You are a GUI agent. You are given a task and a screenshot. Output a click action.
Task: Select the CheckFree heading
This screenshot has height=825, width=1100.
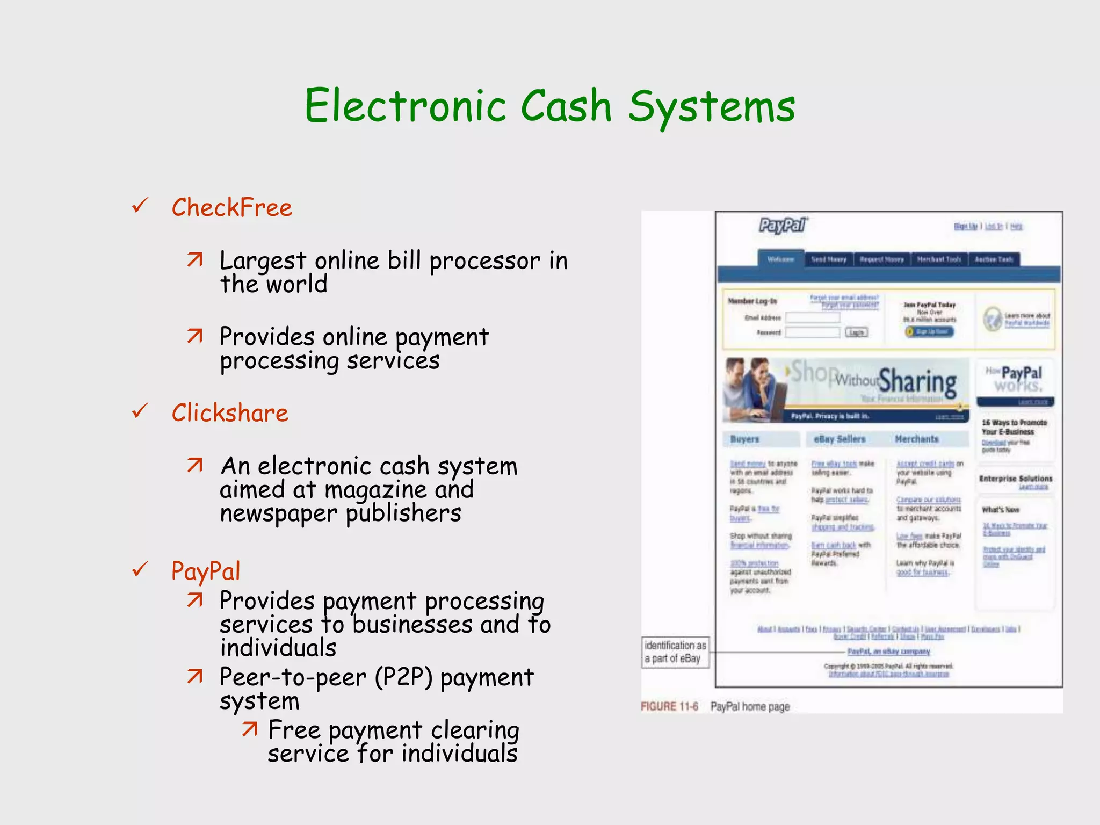tap(232, 208)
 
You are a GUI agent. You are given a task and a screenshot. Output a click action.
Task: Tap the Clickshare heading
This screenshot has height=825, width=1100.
tap(230, 413)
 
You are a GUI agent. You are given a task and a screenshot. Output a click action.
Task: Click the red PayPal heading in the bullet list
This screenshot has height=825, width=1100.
tap(206, 571)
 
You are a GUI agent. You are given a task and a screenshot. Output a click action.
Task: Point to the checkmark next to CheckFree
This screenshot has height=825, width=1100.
tap(140, 205)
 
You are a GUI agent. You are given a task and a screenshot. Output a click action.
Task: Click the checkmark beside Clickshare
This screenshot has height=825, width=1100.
tap(140, 411)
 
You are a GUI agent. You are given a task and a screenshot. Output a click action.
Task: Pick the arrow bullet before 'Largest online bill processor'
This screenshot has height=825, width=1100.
tap(195, 260)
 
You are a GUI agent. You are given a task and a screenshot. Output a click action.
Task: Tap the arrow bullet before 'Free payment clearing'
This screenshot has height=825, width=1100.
tap(250, 729)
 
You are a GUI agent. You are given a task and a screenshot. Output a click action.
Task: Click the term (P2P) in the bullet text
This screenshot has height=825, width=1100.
tap(403, 677)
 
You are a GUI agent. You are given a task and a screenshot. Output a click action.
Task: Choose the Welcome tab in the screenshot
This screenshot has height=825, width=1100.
tap(780, 259)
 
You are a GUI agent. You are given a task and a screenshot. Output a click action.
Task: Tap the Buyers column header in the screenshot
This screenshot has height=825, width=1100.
tap(744, 439)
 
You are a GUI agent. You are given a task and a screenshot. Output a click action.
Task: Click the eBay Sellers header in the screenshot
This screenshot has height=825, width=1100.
tap(840, 439)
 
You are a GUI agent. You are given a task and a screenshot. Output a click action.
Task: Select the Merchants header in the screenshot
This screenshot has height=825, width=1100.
tap(916, 439)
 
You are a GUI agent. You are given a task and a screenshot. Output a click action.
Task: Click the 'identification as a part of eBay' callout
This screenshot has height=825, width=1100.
tap(676, 652)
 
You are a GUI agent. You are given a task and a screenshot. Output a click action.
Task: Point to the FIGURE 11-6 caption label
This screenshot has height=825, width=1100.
tap(669, 707)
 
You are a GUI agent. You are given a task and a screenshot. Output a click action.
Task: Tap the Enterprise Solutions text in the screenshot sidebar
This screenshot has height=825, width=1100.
tap(1015, 479)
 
